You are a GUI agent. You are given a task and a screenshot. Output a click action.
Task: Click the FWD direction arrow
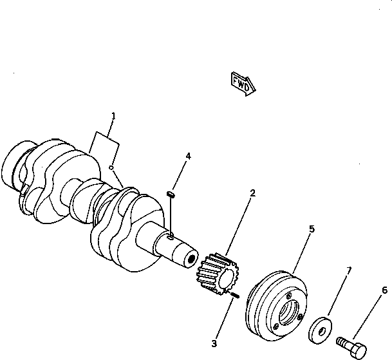tap(243, 82)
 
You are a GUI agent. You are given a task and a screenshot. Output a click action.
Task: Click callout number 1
tap(113, 117)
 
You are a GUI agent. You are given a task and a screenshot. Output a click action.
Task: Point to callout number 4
tap(188, 156)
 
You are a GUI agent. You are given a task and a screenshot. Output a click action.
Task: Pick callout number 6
tap(385, 290)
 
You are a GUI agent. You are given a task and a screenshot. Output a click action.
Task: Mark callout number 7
tap(349, 270)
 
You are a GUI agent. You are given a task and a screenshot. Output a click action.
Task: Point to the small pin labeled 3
tap(235, 295)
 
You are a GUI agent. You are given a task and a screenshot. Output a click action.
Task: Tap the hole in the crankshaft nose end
tap(191, 259)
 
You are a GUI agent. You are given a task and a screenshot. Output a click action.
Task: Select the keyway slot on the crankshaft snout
tap(171, 238)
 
